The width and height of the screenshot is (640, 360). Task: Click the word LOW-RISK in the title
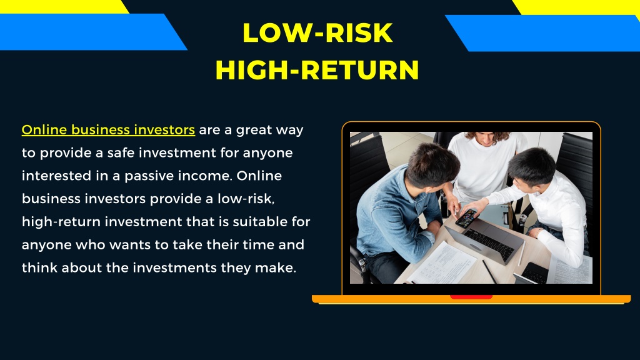[x=317, y=33]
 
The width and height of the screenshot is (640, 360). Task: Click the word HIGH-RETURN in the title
[x=317, y=70]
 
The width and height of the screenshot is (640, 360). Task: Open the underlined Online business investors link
[x=109, y=131]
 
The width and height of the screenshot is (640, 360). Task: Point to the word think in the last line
[x=38, y=267]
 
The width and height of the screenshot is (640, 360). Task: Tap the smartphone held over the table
[x=466, y=217]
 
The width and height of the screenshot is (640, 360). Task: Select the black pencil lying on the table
[x=489, y=271]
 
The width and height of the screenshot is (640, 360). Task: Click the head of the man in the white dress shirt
[x=531, y=165]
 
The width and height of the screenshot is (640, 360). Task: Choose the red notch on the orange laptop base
[x=471, y=297]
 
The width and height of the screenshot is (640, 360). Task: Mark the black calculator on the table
[x=535, y=272]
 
